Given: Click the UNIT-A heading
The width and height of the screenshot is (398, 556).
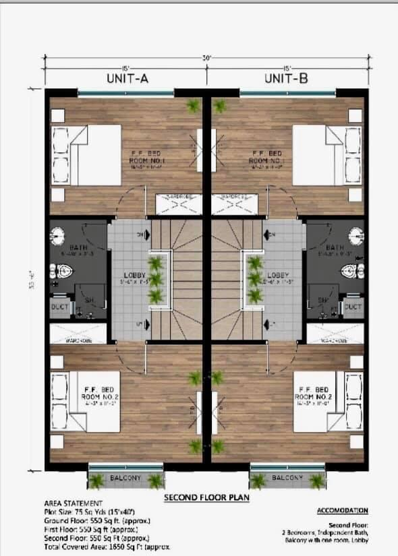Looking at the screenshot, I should click(127, 79).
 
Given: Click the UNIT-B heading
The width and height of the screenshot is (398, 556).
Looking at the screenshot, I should click(287, 79).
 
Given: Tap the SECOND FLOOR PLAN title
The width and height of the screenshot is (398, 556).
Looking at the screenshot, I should click(207, 498).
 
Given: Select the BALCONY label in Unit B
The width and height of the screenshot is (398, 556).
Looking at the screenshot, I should click(287, 478).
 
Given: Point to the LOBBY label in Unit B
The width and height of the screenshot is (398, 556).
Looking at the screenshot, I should click(278, 276).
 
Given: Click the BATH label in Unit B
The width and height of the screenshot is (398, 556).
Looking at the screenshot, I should click(335, 248).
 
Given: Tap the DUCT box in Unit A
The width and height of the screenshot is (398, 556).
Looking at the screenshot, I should click(59, 307).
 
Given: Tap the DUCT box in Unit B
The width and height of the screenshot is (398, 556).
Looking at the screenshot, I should click(353, 307).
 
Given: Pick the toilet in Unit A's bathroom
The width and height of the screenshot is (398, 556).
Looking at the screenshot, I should click(63, 272).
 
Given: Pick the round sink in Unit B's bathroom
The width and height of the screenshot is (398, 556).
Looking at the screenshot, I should click(356, 236).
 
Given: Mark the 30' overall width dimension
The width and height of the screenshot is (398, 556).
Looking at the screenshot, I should click(207, 59).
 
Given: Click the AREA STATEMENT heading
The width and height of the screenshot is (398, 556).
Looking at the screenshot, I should click(74, 503).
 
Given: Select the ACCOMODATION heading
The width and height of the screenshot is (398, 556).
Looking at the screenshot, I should click(342, 511).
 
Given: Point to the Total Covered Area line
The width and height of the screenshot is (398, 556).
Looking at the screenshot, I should click(106, 547).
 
